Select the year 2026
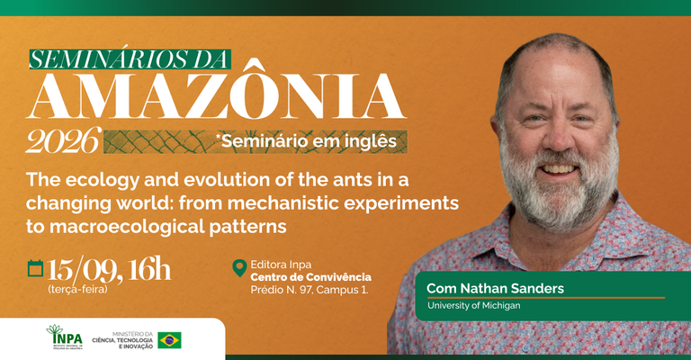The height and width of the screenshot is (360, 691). coord(63,140)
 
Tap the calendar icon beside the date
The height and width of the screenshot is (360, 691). coord(35,268)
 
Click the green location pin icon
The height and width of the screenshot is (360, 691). coord(239,268)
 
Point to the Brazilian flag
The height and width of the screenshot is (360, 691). coord(170,340)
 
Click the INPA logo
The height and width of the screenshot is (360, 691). coord(65,337)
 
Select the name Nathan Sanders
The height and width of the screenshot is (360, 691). coord(512,289)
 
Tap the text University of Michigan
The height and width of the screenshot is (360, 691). coord(474,305)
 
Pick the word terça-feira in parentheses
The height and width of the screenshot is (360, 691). coord(77,290)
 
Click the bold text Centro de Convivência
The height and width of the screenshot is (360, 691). coord(310,277)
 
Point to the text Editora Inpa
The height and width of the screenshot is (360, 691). coord(281,265)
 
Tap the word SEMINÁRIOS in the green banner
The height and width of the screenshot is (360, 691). coord(98,59)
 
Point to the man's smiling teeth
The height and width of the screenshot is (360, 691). coord(558,169)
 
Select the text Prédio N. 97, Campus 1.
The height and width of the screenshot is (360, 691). coord(310,290)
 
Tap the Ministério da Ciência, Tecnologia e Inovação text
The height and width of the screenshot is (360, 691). coord(122,340)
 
